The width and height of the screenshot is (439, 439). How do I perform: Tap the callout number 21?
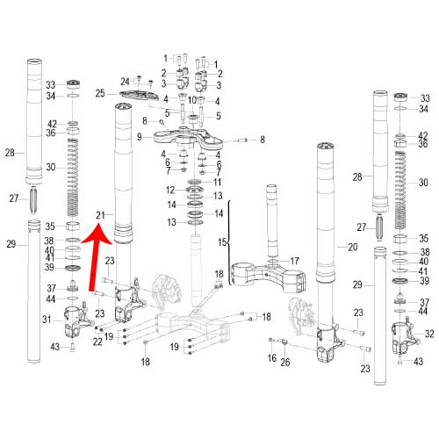(100, 216)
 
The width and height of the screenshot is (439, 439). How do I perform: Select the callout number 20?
(353, 248)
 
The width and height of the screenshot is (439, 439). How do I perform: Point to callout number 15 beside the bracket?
(222, 242)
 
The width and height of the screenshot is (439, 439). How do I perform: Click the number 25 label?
(100, 94)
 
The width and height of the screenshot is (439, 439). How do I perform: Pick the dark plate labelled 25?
(140, 96)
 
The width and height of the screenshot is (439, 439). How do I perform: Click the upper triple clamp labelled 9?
(188, 138)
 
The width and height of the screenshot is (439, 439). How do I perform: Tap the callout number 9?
(140, 137)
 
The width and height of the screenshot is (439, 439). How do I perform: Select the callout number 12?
(170, 191)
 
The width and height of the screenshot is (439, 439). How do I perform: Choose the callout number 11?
(217, 182)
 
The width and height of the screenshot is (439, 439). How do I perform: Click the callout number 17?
(294, 261)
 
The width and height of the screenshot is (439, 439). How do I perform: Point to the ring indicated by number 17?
(274, 261)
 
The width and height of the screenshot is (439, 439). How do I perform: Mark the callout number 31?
(47, 320)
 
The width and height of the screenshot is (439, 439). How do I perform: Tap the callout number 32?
(429, 334)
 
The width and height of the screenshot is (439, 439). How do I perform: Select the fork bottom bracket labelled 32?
(406, 336)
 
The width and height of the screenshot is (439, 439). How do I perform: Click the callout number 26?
(285, 363)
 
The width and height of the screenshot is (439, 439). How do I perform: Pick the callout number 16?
(272, 357)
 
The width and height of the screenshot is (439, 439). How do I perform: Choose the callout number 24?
(125, 82)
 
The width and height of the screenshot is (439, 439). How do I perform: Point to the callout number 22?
(97, 342)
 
